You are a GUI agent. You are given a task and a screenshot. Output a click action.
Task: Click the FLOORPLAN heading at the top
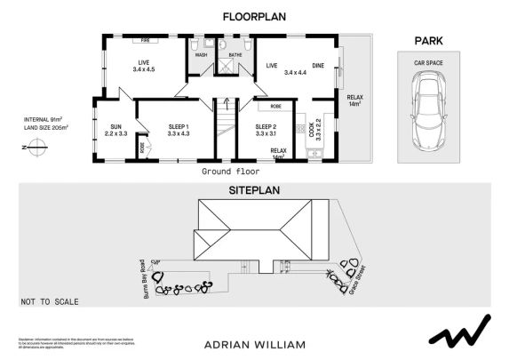254,15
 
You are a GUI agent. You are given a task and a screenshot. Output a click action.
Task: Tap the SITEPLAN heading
254,191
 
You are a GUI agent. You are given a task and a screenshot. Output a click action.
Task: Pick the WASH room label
201,55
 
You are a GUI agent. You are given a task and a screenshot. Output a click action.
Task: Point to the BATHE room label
235,55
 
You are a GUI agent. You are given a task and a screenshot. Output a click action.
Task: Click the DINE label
317,64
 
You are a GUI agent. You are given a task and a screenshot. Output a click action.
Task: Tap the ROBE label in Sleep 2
276,106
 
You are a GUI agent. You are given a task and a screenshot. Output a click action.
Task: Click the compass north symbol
36,150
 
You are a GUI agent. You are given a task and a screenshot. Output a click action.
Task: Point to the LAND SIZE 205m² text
46,126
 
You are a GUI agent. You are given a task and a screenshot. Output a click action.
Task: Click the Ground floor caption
230,170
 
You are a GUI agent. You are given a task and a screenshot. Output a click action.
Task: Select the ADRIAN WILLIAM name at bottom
254,343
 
